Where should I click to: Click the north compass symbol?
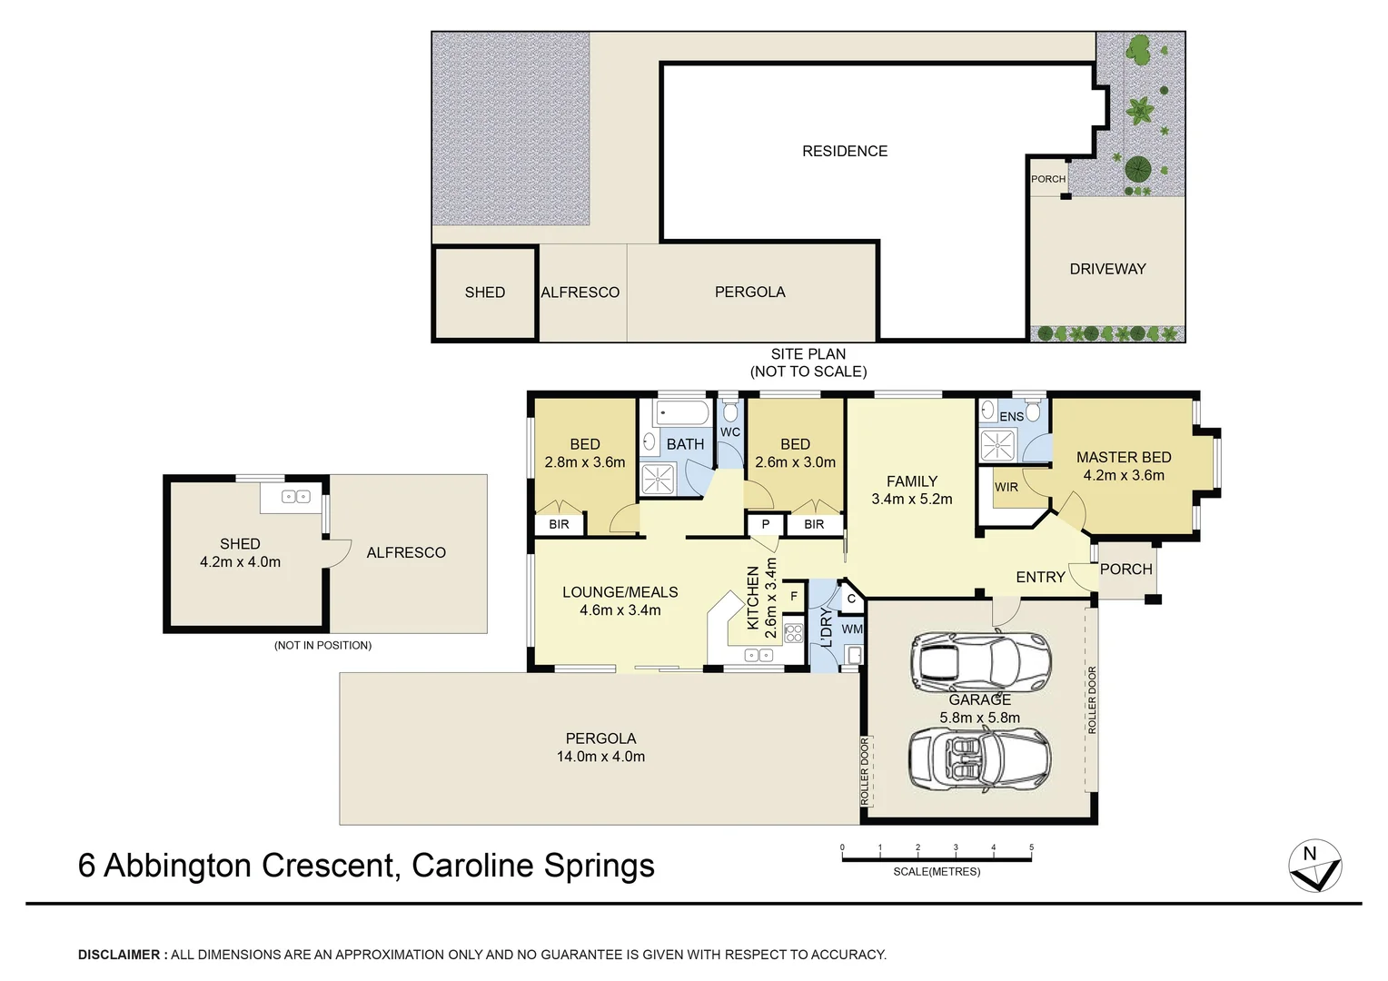coord(1314,866)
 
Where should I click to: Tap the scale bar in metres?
coord(937,858)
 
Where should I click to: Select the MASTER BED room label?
coord(1124,457)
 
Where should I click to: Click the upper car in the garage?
coord(981,662)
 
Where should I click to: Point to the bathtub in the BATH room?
coord(682,414)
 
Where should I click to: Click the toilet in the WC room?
coord(730,412)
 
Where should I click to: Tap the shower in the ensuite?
coord(997,446)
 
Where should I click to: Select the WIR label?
coord(1006,487)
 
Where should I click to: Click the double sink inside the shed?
coord(295,497)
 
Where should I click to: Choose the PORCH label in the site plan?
coord(1048,179)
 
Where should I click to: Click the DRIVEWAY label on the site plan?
coord(1107,269)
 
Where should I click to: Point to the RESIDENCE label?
coord(845,151)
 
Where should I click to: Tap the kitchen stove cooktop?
coord(793,632)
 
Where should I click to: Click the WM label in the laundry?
coord(852,629)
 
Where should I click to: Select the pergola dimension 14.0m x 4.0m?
coord(600,757)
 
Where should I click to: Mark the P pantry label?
coord(766,524)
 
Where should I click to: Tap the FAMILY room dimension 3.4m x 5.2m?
coord(911,499)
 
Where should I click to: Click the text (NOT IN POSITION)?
coord(322,645)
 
